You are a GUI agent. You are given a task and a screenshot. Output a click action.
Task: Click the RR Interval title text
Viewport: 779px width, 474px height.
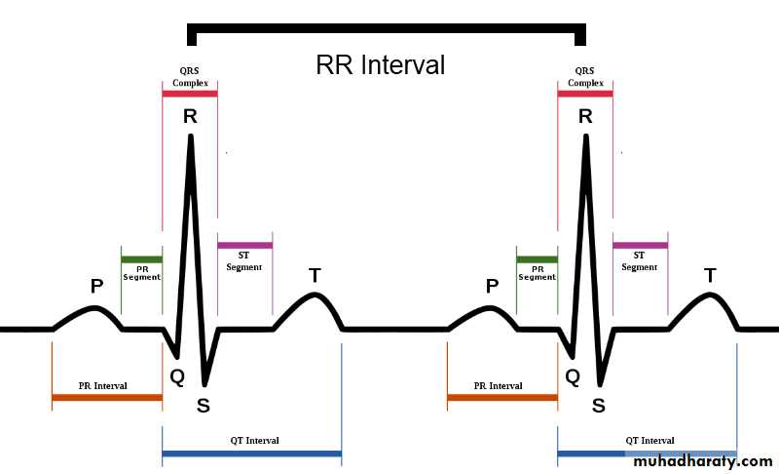[x=380, y=65]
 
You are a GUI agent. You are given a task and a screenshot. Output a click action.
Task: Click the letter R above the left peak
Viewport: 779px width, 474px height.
[x=190, y=116]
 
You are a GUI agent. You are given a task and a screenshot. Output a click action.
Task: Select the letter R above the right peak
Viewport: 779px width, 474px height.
[x=585, y=116]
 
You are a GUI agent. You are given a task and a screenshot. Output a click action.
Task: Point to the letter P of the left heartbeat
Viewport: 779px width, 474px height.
[x=96, y=286]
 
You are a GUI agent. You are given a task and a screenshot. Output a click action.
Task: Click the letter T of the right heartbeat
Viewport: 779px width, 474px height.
[x=710, y=275]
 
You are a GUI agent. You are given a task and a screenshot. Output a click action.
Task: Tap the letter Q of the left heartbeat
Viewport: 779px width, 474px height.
[x=177, y=375]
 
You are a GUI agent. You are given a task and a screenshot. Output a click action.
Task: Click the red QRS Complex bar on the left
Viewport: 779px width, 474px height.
[x=190, y=95]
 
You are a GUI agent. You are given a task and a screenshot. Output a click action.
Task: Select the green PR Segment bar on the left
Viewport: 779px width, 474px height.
[x=141, y=259]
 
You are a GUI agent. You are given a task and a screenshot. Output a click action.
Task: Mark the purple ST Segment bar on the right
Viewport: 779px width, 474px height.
[x=640, y=245]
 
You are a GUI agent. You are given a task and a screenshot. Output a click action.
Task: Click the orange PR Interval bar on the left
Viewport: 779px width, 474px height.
[x=107, y=398]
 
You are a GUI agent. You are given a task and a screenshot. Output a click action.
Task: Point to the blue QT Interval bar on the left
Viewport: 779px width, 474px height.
[x=251, y=454]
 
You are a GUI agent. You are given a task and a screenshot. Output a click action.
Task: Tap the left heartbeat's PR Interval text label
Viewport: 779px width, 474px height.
[x=103, y=386]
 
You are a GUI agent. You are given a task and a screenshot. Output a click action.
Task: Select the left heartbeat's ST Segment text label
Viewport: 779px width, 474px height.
[x=244, y=261]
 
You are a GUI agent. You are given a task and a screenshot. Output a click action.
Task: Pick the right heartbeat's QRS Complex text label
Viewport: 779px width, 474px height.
[x=585, y=77]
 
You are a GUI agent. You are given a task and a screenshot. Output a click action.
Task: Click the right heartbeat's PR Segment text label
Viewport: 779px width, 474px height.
[x=537, y=272]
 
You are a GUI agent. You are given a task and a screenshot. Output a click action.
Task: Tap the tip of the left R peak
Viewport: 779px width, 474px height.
[x=191, y=136]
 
